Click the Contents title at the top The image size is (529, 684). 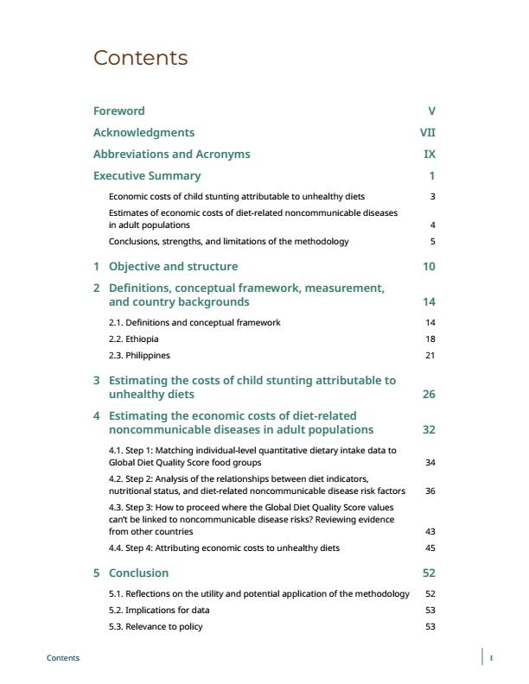(x=140, y=58)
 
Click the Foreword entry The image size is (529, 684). (x=118, y=111)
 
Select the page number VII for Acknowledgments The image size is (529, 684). (x=427, y=132)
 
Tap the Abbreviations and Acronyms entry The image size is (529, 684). (x=171, y=154)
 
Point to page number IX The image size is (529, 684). (x=430, y=154)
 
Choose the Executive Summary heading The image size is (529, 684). (x=146, y=175)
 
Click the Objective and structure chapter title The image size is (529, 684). (x=173, y=266)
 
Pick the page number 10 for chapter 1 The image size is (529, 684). (x=430, y=266)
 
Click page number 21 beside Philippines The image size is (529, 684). (x=430, y=355)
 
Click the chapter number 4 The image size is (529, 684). (x=97, y=415)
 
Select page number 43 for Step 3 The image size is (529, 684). (x=430, y=531)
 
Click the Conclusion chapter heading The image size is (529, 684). (x=138, y=573)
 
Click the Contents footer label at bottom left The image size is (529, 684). (x=62, y=658)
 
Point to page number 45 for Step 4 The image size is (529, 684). (x=430, y=548)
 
